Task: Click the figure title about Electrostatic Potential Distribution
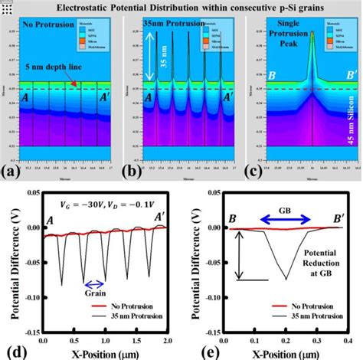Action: [181, 8]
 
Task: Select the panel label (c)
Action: [253, 170]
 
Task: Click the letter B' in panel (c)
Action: [343, 77]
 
